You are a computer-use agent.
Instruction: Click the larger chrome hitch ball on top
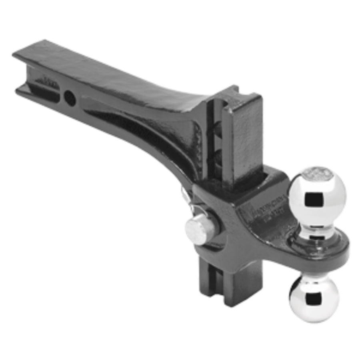coord(317,197)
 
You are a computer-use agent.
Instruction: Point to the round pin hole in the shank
coord(70,98)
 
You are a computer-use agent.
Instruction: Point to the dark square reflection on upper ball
coord(314,198)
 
